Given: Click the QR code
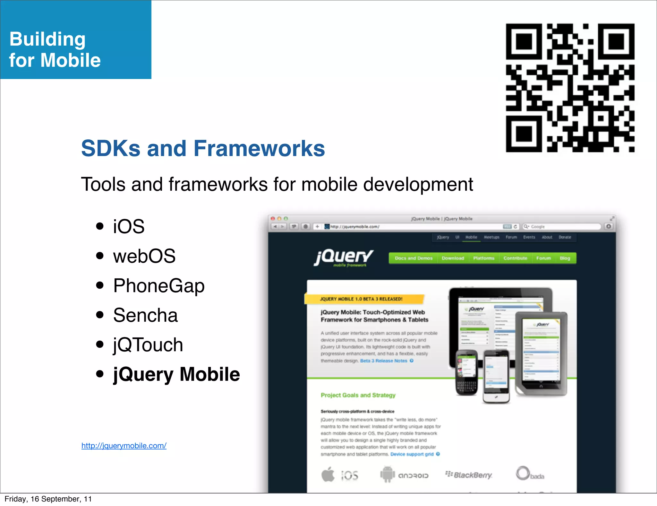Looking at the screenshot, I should coord(570,88).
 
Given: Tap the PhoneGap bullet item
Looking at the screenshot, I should coord(159,286).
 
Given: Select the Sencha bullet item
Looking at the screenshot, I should coord(145,315).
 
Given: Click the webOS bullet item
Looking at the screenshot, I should coord(144,256).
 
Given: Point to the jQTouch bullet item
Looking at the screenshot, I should coord(148,345).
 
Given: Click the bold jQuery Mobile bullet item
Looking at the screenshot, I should coord(176,374).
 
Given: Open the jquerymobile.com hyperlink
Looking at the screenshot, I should coord(124,446).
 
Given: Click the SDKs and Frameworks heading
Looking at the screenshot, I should coord(203,148).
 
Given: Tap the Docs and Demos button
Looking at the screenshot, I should coord(414,258).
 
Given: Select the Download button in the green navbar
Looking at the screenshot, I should coord(453,258).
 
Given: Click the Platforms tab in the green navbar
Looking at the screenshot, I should coord(484,258).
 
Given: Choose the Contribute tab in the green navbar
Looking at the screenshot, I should coord(515,258).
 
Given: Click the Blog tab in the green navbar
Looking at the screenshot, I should coord(565,258).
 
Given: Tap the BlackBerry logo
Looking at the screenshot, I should coord(469,475).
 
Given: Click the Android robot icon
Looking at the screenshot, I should coord(387,474).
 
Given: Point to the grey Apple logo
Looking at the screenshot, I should coord(328,474).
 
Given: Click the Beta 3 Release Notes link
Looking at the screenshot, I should coord(384,361).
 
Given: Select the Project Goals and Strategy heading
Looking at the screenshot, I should coord(358,395).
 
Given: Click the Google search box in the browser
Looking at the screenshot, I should coord(561,227).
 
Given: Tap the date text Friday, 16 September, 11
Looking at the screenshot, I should coord(48,499).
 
